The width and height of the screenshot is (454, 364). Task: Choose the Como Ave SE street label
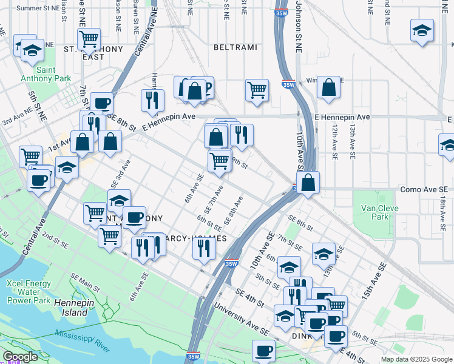click(x=423, y=190)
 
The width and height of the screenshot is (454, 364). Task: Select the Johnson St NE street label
click(x=298, y=24)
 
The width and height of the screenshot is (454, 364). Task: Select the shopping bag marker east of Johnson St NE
click(x=328, y=87)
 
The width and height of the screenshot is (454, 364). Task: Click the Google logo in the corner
click(x=20, y=357)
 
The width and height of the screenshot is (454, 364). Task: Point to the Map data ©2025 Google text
click(x=416, y=359)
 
